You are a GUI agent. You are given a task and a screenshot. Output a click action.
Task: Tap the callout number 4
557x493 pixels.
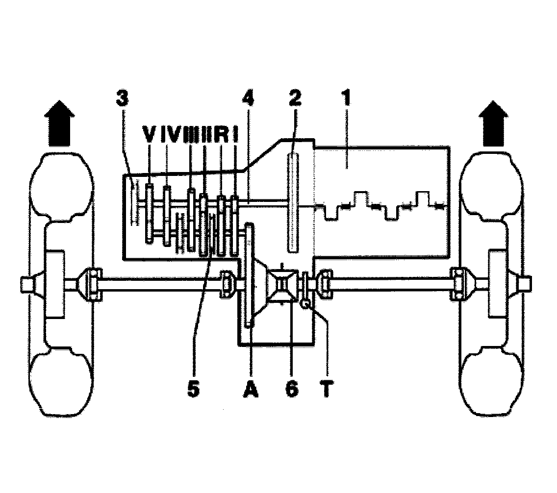click(249, 99)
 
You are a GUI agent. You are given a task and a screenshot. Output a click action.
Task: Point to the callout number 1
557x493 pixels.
click(346, 99)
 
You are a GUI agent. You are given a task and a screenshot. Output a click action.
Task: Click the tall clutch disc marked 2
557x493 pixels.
click(294, 202)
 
